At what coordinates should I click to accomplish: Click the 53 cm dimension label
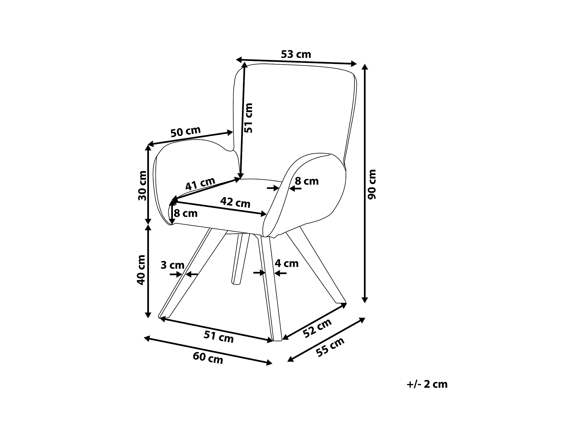pyautogui.click(x=296, y=54)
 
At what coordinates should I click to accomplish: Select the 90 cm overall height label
pyautogui.click(x=372, y=184)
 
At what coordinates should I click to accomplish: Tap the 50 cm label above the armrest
pyautogui.click(x=186, y=132)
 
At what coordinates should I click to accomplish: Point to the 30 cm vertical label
pyautogui.click(x=142, y=186)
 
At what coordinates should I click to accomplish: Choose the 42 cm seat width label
pyautogui.click(x=235, y=203)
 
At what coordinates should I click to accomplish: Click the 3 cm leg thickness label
pyautogui.click(x=172, y=265)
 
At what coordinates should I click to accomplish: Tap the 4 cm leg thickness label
pyautogui.click(x=287, y=263)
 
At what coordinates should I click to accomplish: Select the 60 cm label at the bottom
pyautogui.click(x=208, y=358)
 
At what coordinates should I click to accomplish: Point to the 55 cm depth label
pyautogui.click(x=330, y=347)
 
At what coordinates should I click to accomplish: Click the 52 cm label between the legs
pyautogui.click(x=317, y=328)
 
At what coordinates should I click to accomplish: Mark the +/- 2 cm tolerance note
pyautogui.click(x=427, y=384)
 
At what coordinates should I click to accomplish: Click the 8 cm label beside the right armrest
pyautogui.click(x=307, y=181)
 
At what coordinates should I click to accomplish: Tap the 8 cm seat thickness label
pyautogui.click(x=186, y=213)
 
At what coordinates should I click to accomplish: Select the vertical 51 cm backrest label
pyautogui.click(x=248, y=118)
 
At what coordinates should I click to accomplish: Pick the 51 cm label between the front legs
pyautogui.click(x=219, y=337)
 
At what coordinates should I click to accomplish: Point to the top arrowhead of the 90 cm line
pyautogui.click(x=365, y=67)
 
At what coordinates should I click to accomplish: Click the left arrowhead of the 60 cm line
pyautogui.click(x=147, y=338)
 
